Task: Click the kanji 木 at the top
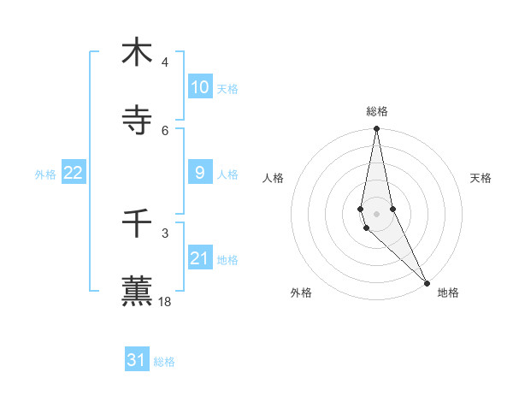click(137, 52)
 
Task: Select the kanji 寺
click(137, 121)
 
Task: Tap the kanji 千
click(137, 224)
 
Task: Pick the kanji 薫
click(137, 292)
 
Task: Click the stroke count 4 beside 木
click(164, 62)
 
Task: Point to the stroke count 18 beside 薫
click(165, 302)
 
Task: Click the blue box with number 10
click(200, 87)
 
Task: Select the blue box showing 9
click(200, 173)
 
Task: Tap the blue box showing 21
click(200, 258)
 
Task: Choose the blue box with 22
click(73, 173)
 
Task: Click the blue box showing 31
click(137, 360)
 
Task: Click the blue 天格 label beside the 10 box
click(227, 88)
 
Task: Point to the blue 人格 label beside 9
click(227, 174)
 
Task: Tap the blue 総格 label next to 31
click(164, 361)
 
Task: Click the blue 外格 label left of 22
click(45, 174)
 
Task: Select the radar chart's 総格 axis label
click(377, 111)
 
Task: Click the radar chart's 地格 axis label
click(448, 293)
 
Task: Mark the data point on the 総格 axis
click(376, 129)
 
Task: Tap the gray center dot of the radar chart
click(376, 213)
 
